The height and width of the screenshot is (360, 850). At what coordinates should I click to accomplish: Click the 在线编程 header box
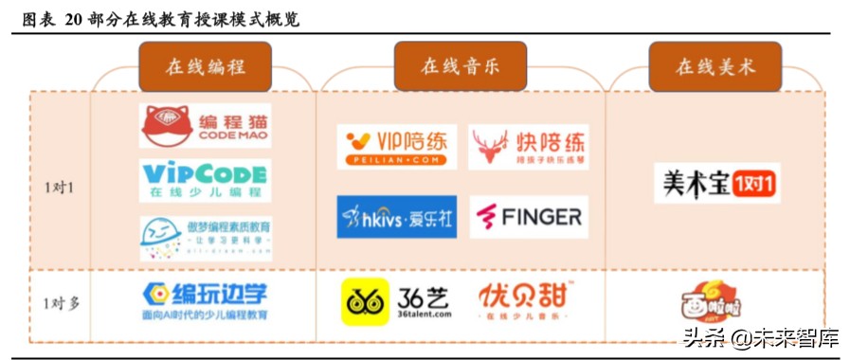point(205,66)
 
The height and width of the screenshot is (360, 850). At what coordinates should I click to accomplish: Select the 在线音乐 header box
point(460,66)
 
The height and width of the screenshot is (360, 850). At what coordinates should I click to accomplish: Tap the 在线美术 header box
point(714,66)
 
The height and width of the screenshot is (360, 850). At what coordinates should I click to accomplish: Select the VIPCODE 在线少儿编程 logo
point(204,180)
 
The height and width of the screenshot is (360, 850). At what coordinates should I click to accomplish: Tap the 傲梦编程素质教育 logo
point(206,238)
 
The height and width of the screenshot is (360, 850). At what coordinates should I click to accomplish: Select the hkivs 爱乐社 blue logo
point(396,217)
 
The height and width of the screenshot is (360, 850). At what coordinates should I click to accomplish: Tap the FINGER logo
point(529,217)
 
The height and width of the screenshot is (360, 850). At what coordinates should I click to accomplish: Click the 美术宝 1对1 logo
point(716,182)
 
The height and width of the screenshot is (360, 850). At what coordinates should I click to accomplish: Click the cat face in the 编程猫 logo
point(166,125)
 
